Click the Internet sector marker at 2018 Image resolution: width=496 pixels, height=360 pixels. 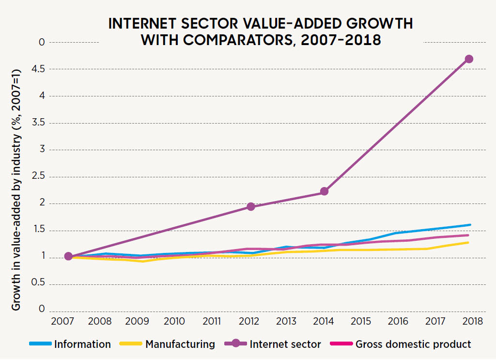(x=469, y=59)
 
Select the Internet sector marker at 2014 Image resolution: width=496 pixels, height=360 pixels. (x=324, y=191)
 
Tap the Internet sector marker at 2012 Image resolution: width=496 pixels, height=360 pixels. (x=251, y=207)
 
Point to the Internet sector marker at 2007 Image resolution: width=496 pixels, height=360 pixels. (x=68, y=256)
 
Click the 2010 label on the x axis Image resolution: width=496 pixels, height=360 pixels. (x=174, y=321)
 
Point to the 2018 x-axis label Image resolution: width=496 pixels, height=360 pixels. (x=472, y=321)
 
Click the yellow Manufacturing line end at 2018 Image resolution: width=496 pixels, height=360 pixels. (x=468, y=242)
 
